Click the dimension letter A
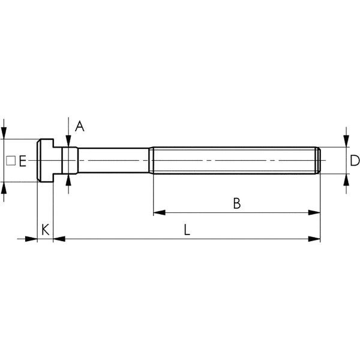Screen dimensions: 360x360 [x=80, y=126]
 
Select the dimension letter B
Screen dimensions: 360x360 [x=237, y=203]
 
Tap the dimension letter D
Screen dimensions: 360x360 [x=355, y=160]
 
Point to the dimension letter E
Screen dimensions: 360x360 [x=23, y=161]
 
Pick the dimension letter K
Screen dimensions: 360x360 [x=46, y=230]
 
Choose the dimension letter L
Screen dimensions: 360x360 [x=187, y=230]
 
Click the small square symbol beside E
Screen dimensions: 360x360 [x=11, y=161]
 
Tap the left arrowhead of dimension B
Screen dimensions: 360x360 [x=159, y=212]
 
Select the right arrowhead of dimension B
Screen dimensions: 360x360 [x=314, y=212]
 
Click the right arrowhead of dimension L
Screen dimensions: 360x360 [x=314, y=239]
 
